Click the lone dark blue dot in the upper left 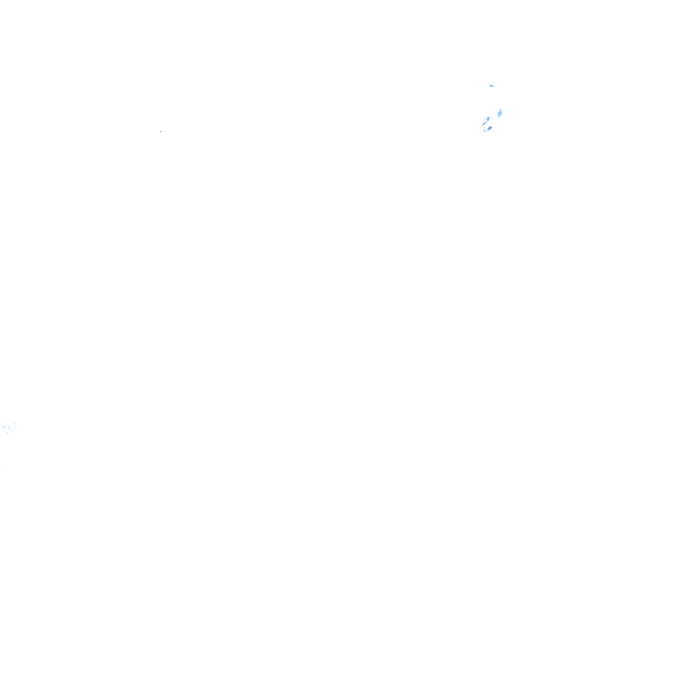coord(160,131)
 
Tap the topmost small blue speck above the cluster coord(491,85)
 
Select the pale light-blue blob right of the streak coord(500,113)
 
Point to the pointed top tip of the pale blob coord(501,110)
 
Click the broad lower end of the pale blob coord(499,116)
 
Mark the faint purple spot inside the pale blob coord(500,113)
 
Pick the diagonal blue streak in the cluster coord(485,120)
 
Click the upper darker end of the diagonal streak coord(488,118)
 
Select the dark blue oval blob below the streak coord(490,127)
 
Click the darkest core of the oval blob coord(490,127)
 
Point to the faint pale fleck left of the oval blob coord(484,130)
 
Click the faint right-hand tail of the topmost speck coord(493,85)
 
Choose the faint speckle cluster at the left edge coord(8,428)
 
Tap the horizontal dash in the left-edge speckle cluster coord(5,427)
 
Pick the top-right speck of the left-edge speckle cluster coord(13,424)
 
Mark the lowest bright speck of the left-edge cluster coord(8,433)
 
